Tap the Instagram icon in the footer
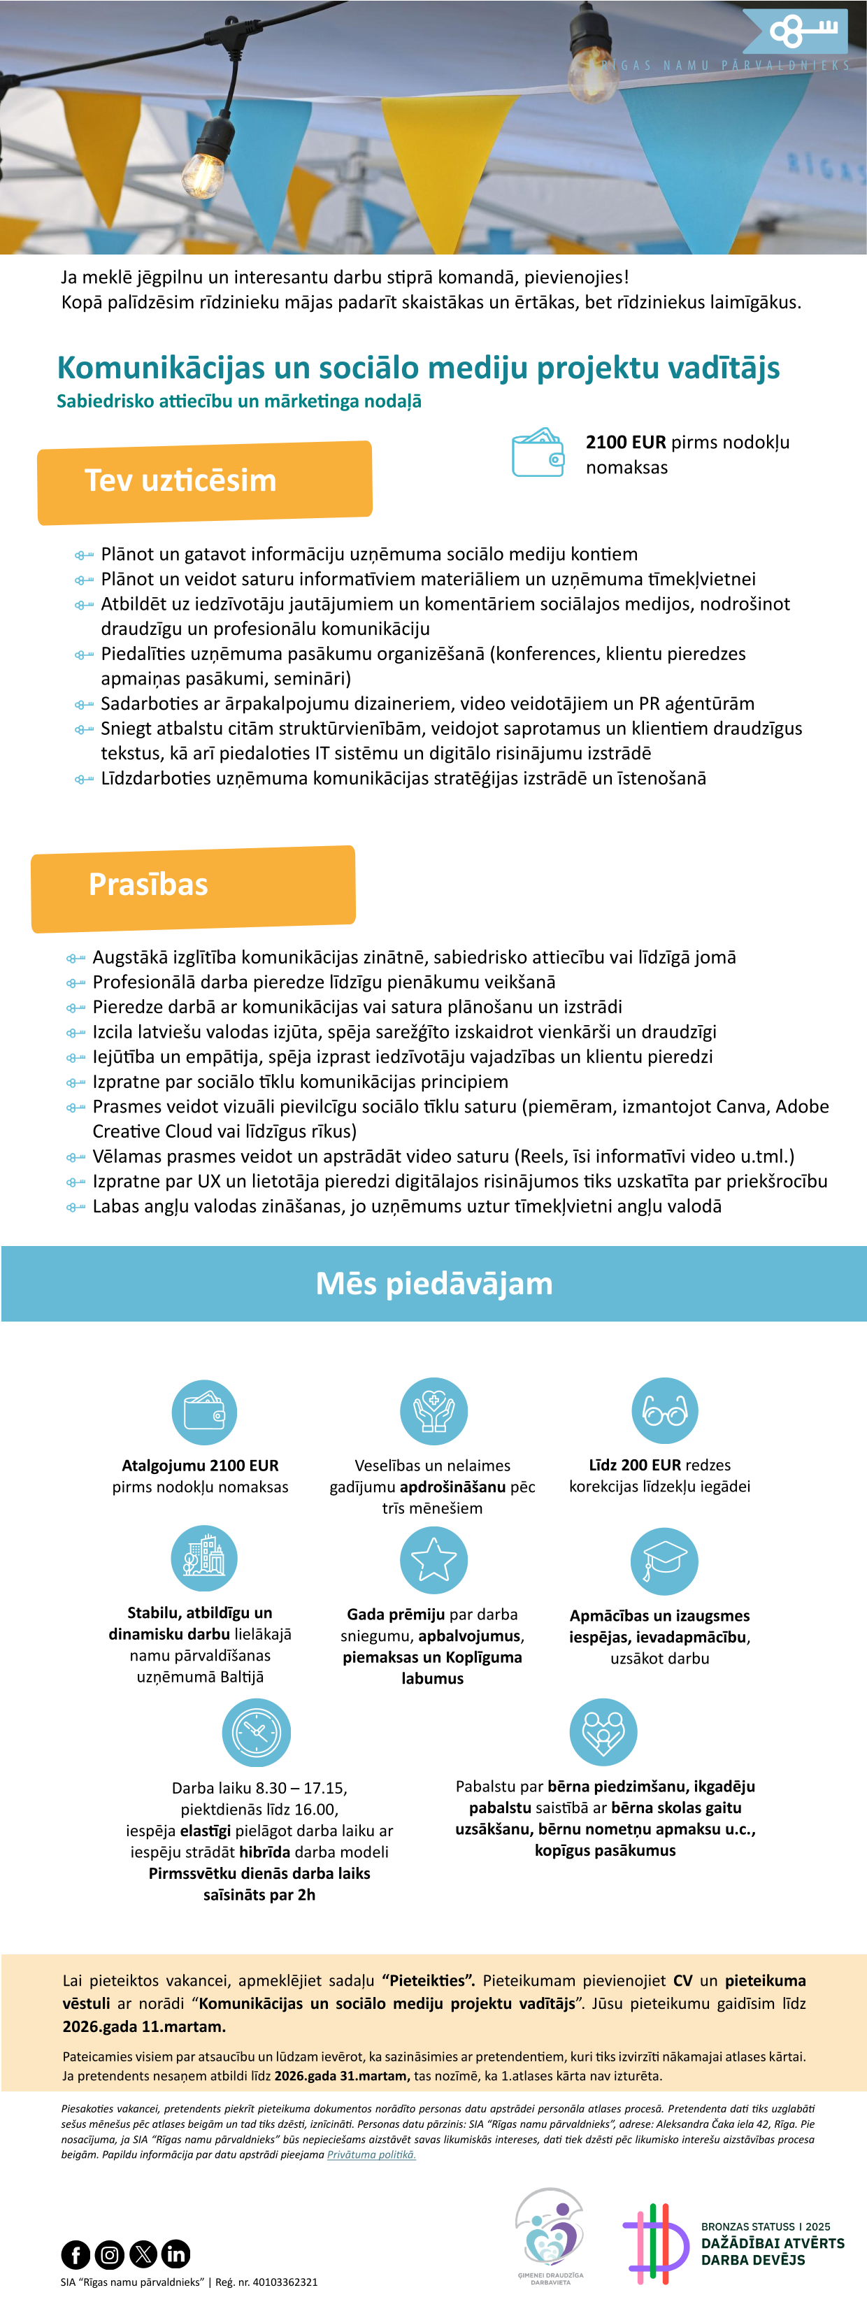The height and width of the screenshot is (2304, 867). [109, 2254]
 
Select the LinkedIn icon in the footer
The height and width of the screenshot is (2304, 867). [176, 2254]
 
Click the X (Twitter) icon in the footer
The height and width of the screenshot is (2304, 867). [143, 2254]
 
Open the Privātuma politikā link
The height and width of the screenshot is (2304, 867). [371, 2154]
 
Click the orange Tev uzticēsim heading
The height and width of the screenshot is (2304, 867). [180, 480]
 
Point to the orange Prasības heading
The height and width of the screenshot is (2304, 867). [148, 885]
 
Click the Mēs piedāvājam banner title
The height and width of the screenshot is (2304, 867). [434, 1284]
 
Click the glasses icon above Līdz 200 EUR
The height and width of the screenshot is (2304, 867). [665, 1411]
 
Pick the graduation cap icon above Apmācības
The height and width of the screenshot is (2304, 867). [665, 1561]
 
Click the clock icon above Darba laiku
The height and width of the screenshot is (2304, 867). [257, 1733]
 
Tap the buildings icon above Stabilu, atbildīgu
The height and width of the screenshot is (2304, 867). [204, 1558]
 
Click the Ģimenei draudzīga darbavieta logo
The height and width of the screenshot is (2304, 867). [550, 2236]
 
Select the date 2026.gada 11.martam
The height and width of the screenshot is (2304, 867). [144, 2026]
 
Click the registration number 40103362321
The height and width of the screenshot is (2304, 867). [285, 2282]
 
